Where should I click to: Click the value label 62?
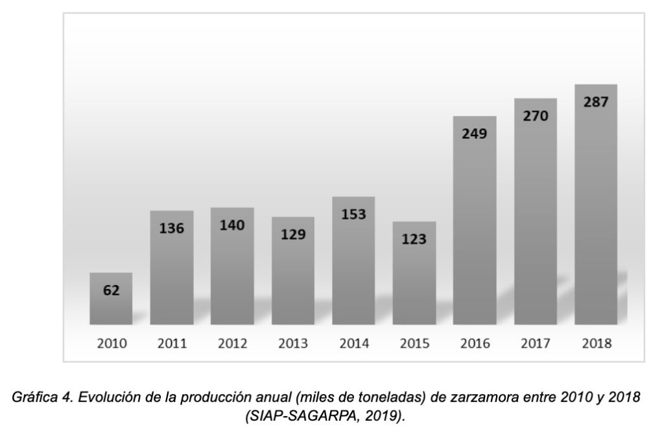click(111, 290)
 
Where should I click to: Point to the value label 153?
click(353, 215)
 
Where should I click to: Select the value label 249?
click(475, 134)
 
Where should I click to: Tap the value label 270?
click(536, 117)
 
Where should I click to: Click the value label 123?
click(414, 239)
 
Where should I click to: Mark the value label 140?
click(232, 226)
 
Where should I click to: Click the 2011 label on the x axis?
click(172, 344)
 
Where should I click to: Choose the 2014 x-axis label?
click(353, 344)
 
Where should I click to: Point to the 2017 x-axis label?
click(536, 344)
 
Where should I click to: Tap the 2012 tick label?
click(232, 344)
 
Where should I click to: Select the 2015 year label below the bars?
click(414, 344)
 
